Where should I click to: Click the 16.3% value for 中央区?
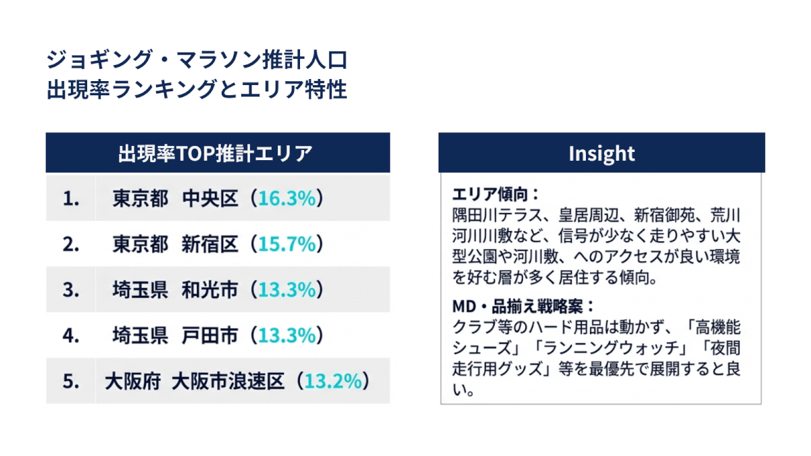coord(287,198)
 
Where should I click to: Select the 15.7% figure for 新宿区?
coord(287,244)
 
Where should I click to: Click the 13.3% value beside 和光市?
coord(287,290)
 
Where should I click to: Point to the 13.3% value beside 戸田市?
coord(287,335)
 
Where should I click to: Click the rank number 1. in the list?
coord(71,198)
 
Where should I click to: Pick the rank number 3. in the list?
coord(71,290)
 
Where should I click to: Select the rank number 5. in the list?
coord(71,381)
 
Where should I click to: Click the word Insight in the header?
coord(601,153)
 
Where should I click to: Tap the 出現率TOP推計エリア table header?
coord(218,153)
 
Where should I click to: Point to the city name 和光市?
coord(210,290)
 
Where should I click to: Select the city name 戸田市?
coord(210,335)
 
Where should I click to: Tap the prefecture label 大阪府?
coord(132,381)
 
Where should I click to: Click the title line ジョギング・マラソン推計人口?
coord(197,61)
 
